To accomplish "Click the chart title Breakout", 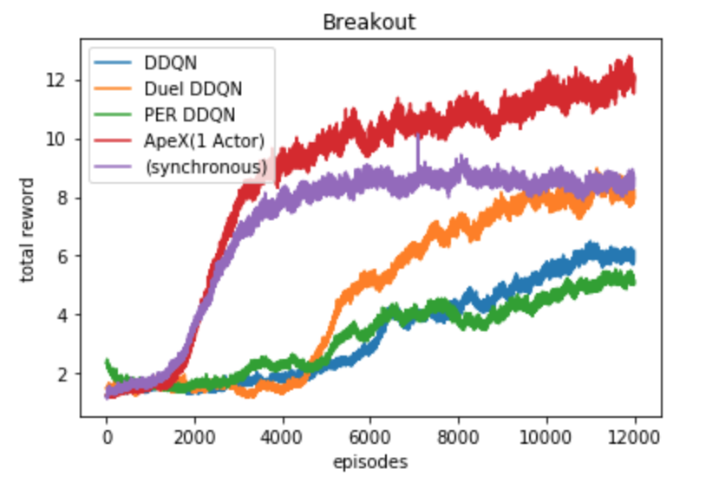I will [369, 22].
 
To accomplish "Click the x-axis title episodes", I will [370, 462].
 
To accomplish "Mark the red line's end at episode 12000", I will [634, 81].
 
